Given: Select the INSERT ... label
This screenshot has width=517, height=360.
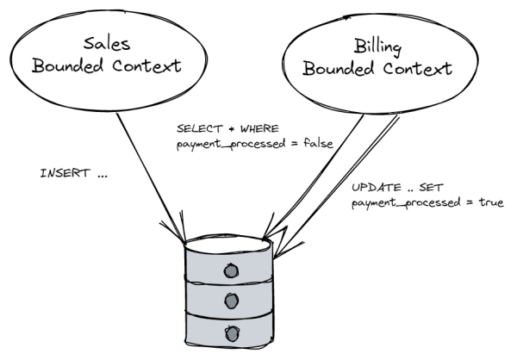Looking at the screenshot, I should tap(74, 173).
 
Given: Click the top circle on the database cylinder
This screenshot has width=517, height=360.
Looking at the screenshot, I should tap(230, 270).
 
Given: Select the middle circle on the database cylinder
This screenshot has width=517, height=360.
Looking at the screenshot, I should tap(230, 301).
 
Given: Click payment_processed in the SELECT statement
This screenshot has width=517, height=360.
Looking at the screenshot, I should tap(225, 143).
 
